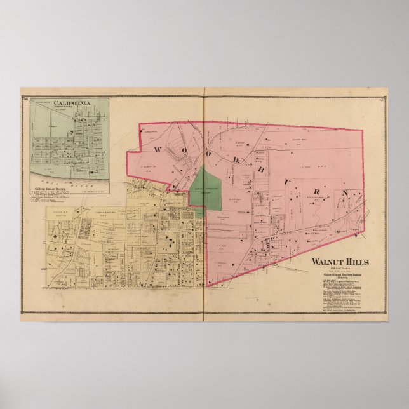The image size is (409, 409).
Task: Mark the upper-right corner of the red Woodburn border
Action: (x=363, y=131)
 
